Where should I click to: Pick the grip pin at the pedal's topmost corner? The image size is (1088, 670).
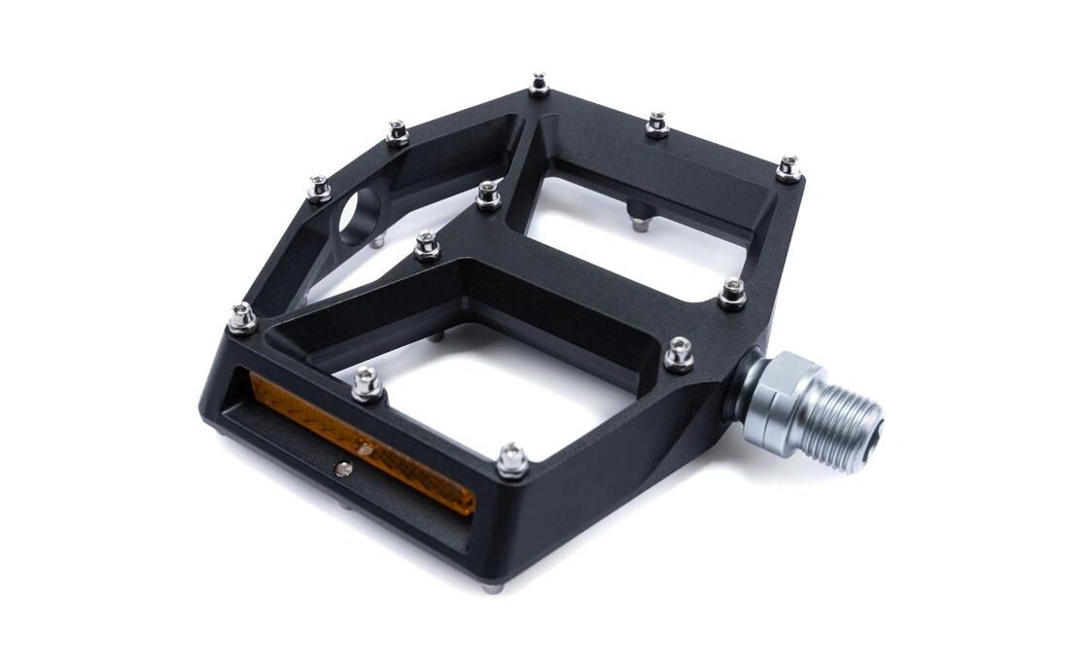point(539,86)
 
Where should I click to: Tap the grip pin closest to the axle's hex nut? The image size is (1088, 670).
point(679,355)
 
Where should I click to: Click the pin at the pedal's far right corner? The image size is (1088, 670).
point(789,169)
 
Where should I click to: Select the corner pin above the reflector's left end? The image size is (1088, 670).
point(242,317)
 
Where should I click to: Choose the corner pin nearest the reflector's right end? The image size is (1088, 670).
point(512,459)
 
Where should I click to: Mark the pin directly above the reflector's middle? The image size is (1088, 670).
point(367,384)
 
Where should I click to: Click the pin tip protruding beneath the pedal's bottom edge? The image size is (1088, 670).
point(493,586)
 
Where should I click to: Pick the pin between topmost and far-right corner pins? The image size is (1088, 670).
point(657,124)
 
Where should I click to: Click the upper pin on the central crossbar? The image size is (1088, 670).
point(488,195)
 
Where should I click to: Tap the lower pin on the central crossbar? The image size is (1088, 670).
point(426,244)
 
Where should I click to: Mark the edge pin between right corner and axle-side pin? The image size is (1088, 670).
point(732,293)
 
